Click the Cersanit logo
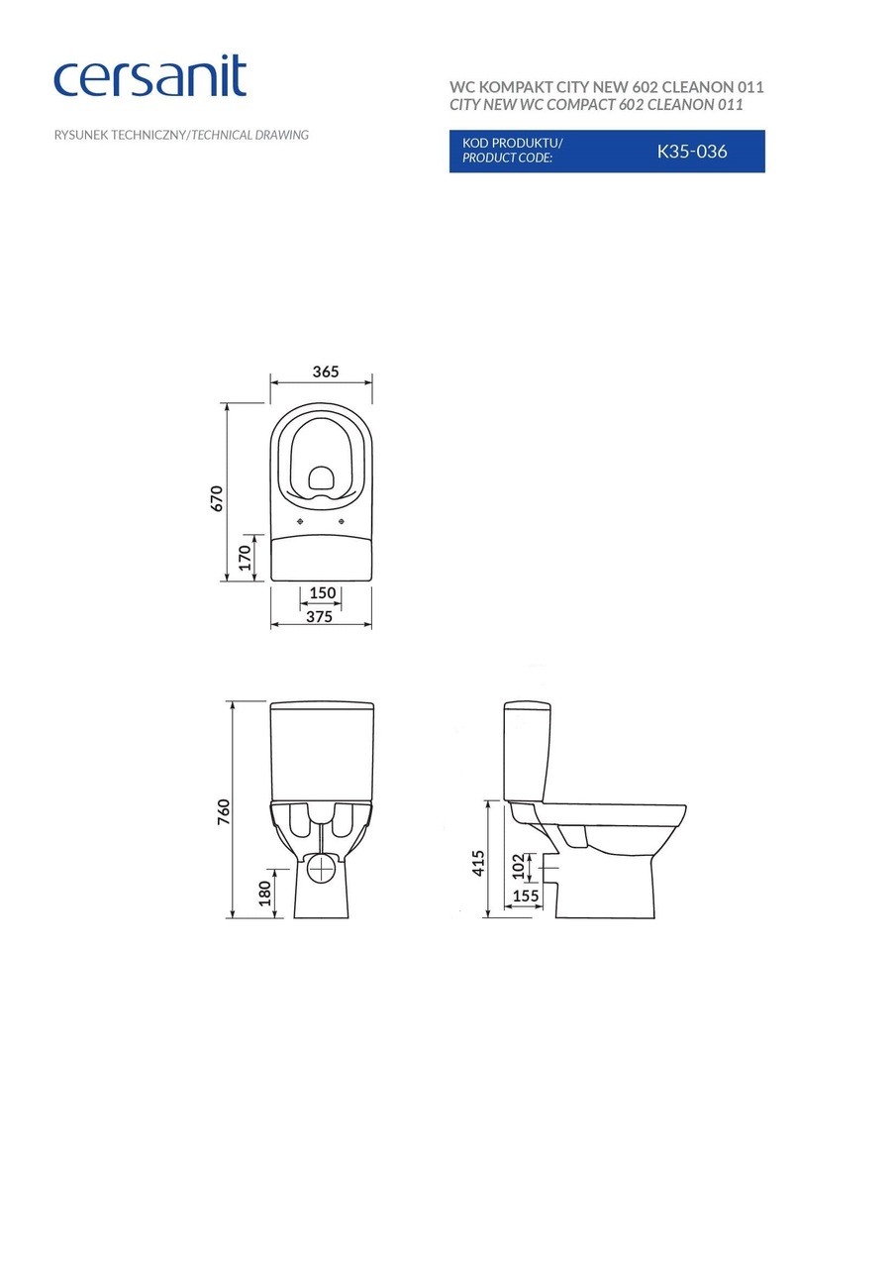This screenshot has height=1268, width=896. pos(149,77)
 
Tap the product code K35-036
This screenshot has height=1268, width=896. pos(692,152)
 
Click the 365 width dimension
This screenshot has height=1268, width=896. pos(326,371)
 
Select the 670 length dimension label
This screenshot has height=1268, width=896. pos(217,498)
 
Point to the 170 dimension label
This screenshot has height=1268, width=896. pos(246,558)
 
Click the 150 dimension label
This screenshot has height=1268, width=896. pos(322,593)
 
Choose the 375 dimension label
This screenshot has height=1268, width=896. pos(318,616)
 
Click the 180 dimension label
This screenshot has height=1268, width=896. pos(263,893)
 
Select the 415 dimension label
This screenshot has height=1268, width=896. pos(478,863)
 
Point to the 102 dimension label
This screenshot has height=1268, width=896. pos(518,867)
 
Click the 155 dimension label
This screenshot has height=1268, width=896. pos(525,896)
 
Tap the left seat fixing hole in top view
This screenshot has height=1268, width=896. pos(300,521)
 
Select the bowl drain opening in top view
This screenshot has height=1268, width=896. pos(321,480)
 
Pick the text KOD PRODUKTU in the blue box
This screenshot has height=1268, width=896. pos(511,143)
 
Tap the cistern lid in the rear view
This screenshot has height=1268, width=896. pos(322,706)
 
